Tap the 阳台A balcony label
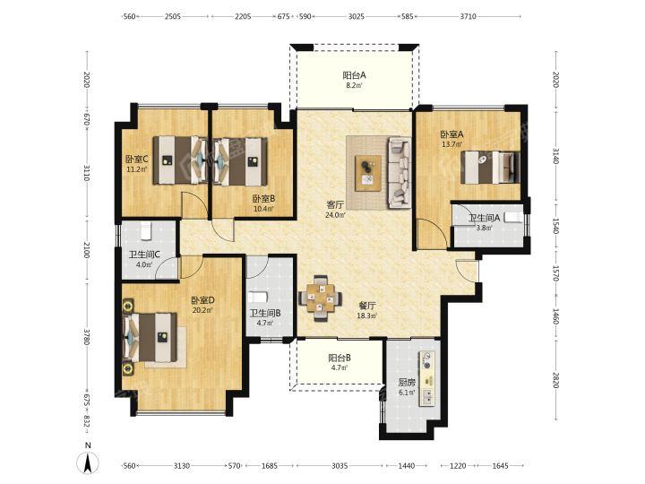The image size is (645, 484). click(354, 75)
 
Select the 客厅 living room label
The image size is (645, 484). click(335, 204)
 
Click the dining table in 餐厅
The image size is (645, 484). click(320, 298)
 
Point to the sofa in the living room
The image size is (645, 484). click(400, 172)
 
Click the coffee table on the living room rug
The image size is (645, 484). click(368, 173)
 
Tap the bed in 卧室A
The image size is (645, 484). click(490, 167)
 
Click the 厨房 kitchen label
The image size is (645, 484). click(407, 383)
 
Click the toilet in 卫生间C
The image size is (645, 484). click(146, 231)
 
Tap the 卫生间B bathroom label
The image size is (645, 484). click(265, 314)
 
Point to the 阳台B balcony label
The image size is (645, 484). click(340, 358)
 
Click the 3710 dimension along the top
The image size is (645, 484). click(469, 16)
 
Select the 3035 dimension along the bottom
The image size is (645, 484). click(340, 466)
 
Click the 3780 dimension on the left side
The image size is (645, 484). click(86, 337)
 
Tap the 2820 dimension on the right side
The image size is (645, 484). click(555, 380)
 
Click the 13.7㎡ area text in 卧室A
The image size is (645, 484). click(452, 144)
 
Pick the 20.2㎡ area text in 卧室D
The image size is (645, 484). click(202, 310)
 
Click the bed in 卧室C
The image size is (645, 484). click(180, 160)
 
